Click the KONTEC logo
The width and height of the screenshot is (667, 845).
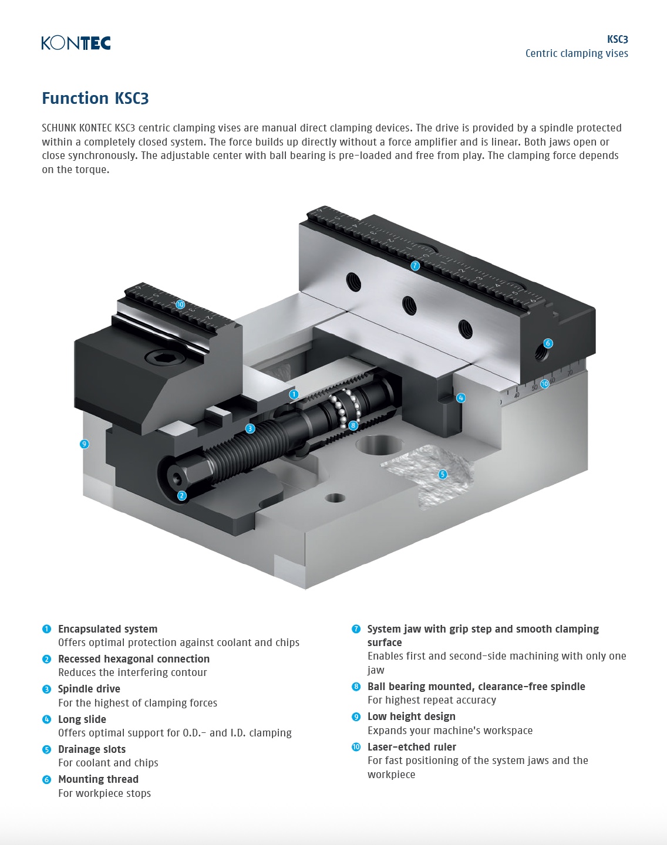point(76,43)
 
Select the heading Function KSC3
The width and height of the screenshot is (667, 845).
point(95,98)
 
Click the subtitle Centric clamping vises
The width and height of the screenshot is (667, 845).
point(576,53)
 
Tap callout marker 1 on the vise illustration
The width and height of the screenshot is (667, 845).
point(294,395)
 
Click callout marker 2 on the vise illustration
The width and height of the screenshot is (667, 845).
point(182,496)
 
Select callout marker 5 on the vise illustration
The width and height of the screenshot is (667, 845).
point(443,474)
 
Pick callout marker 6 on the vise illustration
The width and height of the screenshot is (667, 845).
point(548,343)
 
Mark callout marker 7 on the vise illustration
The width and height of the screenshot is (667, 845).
point(415,265)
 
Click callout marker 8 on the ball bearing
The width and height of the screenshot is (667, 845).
point(353,425)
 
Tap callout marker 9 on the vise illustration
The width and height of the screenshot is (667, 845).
point(85,444)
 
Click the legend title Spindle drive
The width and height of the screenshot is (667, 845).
point(89,689)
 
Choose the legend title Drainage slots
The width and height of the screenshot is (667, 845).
point(92,749)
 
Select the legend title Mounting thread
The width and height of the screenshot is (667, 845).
point(98,779)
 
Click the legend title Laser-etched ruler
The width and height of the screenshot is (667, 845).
point(412,747)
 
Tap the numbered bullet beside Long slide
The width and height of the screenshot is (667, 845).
point(47,719)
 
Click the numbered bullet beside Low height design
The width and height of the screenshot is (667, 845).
point(356,716)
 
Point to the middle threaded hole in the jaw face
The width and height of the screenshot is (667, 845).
point(409,305)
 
